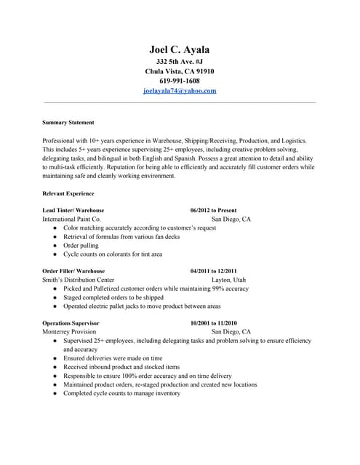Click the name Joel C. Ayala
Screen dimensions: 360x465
(x=180, y=49)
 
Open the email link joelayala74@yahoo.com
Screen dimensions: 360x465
(x=180, y=92)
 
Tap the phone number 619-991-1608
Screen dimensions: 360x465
(x=180, y=81)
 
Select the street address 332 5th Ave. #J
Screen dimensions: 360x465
(x=180, y=62)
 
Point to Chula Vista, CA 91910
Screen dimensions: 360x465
(x=180, y=72)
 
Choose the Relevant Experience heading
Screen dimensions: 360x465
(x=68, y=194)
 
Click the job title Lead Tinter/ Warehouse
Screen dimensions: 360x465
(x=73, y=210)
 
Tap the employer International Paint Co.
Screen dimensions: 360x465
(x=72, y=219)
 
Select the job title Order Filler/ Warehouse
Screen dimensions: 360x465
(x=74, y=270)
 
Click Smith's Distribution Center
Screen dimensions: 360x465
(x=79, y=280)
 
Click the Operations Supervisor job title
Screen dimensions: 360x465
(x=71, y=323)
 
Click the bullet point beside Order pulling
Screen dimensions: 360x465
(x=55, y=246)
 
